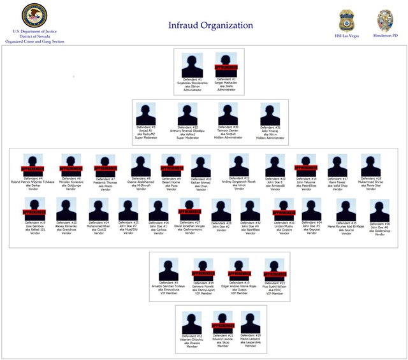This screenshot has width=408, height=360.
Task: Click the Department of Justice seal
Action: point(34,15)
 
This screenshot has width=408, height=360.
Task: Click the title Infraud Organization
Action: point(210,25)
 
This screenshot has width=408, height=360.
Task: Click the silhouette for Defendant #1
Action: point(192,65)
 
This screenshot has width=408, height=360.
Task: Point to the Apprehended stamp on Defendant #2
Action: point(226,67)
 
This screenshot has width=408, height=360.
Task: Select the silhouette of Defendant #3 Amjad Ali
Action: point(145,114)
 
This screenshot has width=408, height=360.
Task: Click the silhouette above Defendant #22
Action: point(187,114)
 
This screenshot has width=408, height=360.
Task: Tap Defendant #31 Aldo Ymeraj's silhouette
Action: point(270,114)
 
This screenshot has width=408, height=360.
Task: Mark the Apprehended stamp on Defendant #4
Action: point(33,169)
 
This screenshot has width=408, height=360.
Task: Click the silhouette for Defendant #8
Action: point(141,165)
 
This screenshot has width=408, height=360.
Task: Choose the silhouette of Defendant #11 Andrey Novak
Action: point(239,165)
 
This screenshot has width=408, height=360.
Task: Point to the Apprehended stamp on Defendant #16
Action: point(305,167)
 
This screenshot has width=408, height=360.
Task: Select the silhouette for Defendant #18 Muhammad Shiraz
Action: point(370,165)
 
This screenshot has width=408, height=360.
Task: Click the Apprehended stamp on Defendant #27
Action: point(189,211)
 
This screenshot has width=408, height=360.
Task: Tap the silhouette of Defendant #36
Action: point(379,210)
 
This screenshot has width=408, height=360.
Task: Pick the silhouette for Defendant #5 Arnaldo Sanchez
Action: point(168,270)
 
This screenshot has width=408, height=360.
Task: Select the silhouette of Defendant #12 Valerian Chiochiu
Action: point(191,322)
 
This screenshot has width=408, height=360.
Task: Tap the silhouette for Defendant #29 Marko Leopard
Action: point(249,322)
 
